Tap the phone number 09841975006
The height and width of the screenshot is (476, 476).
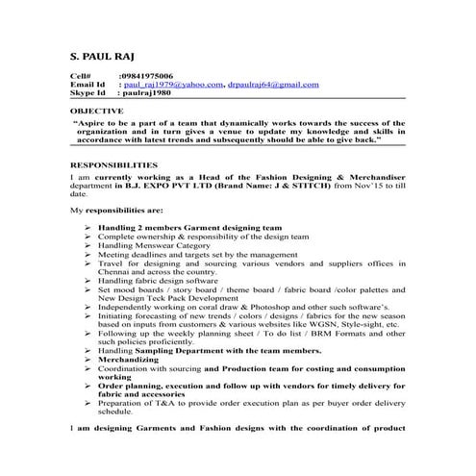point(147,74)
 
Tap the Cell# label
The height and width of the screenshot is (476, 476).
point(80,74)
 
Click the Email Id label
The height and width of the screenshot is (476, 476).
point(87,84)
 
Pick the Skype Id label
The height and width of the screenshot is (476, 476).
point(87,93)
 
